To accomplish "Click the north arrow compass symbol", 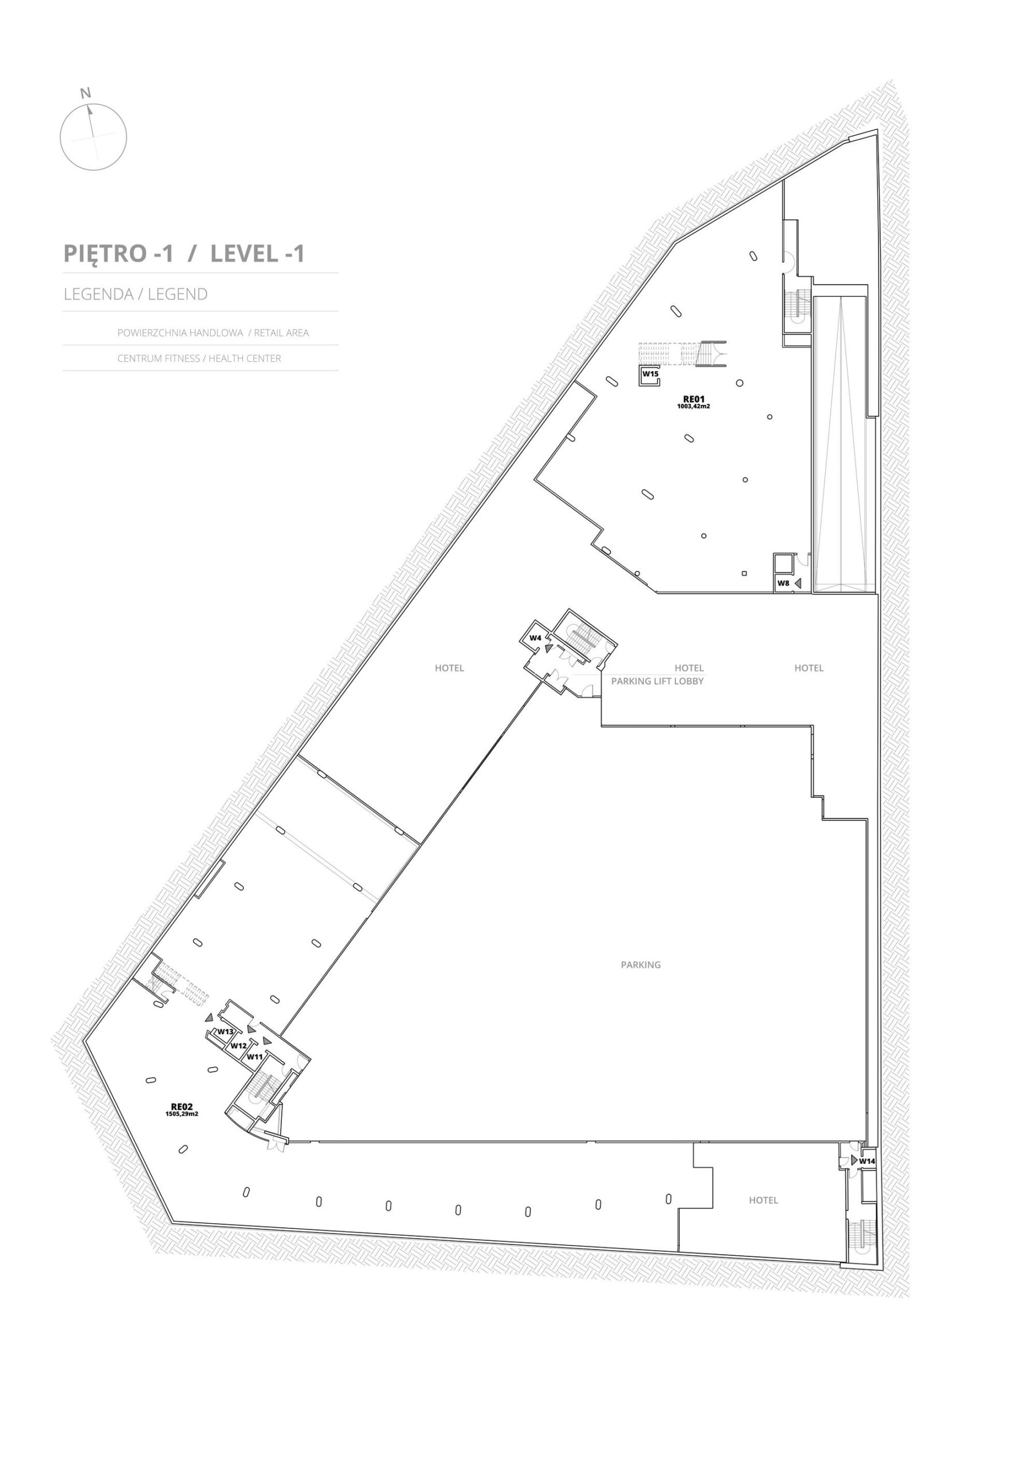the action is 93,137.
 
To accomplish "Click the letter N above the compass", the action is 85,93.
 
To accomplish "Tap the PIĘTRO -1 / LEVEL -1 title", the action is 184,254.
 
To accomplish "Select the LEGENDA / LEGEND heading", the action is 135,294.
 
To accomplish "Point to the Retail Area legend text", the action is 213,333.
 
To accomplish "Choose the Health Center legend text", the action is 199,358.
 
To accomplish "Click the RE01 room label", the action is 694,399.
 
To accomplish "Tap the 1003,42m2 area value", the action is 694,406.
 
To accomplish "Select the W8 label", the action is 783,583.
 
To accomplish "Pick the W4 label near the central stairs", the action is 535,638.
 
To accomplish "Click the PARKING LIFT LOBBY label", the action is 657,681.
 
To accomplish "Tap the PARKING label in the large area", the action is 641,965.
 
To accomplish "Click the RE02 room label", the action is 182,1107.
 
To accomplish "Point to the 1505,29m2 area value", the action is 182,1114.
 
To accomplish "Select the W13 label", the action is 225,1031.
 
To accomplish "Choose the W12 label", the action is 239,1046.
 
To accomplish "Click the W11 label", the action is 255,1057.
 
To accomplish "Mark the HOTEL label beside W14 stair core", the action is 763,1200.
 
